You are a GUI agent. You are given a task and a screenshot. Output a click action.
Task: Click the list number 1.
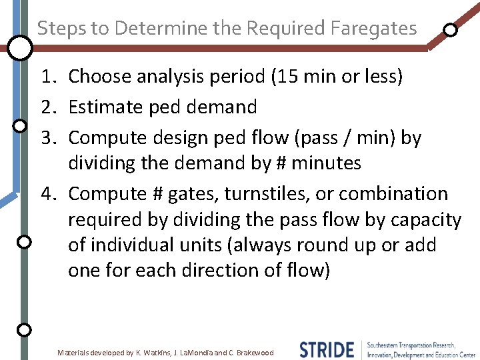coord(47,77)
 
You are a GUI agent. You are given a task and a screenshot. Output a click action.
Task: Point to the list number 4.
coord(47,194)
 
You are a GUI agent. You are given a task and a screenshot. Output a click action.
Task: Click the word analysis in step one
coord(169,77)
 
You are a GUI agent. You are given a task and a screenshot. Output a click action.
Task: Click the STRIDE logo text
coord(327,349)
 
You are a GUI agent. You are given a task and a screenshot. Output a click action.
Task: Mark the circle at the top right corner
coord(451,30)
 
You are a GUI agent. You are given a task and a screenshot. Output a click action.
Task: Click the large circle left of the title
coord(21,47)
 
